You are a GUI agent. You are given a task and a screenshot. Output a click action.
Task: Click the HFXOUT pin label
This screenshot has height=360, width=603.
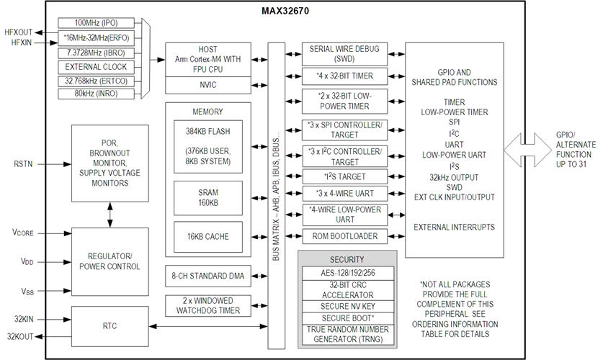click(19, 32)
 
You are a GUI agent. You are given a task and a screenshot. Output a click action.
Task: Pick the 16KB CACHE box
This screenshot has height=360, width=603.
click(208, 235)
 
